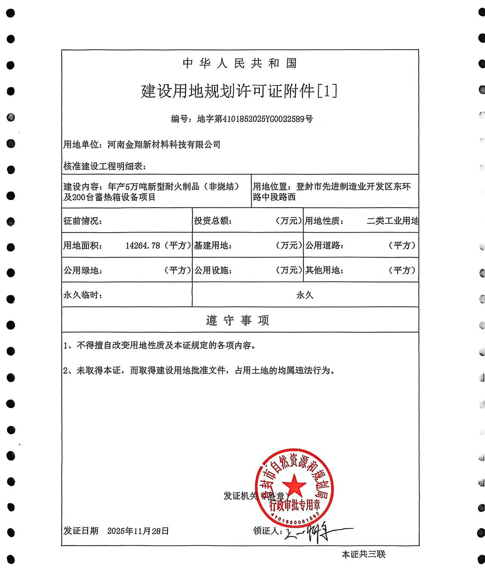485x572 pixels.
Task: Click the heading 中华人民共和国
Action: point(239,63)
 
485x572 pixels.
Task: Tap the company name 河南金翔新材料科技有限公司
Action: point(164,144)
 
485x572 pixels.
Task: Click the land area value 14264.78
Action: point(143,246)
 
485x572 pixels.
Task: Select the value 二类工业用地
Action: point(393,221)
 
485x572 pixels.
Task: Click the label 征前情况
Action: point(82,221)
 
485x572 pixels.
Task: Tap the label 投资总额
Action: point(212,221)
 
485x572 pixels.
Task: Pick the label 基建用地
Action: point(212,246)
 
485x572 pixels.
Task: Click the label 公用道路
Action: point(324,246)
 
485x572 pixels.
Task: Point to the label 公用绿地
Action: point(82,270)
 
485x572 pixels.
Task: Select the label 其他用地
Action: point(324,270)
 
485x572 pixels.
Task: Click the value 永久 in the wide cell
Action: point(305,295)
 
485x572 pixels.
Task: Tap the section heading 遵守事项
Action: point(238,321)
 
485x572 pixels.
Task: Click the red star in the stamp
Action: point(294,486)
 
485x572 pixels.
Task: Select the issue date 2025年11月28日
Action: point(138,531)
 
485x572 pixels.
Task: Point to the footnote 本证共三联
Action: point(363,554)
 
